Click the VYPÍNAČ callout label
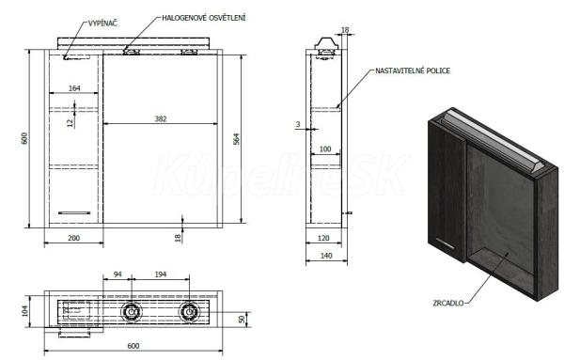coord(102,23)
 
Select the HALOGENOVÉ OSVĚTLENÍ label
coord(204,18)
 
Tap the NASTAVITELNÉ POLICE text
coord(413,70)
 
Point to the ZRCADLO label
coord(448,304)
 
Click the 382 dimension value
coord(161,118)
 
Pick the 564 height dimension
coord(236,139)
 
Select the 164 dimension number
coord(74,88)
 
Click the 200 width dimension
coord(73,238)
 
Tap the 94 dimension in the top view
coord(117,274)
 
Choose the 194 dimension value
coord(161,274)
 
